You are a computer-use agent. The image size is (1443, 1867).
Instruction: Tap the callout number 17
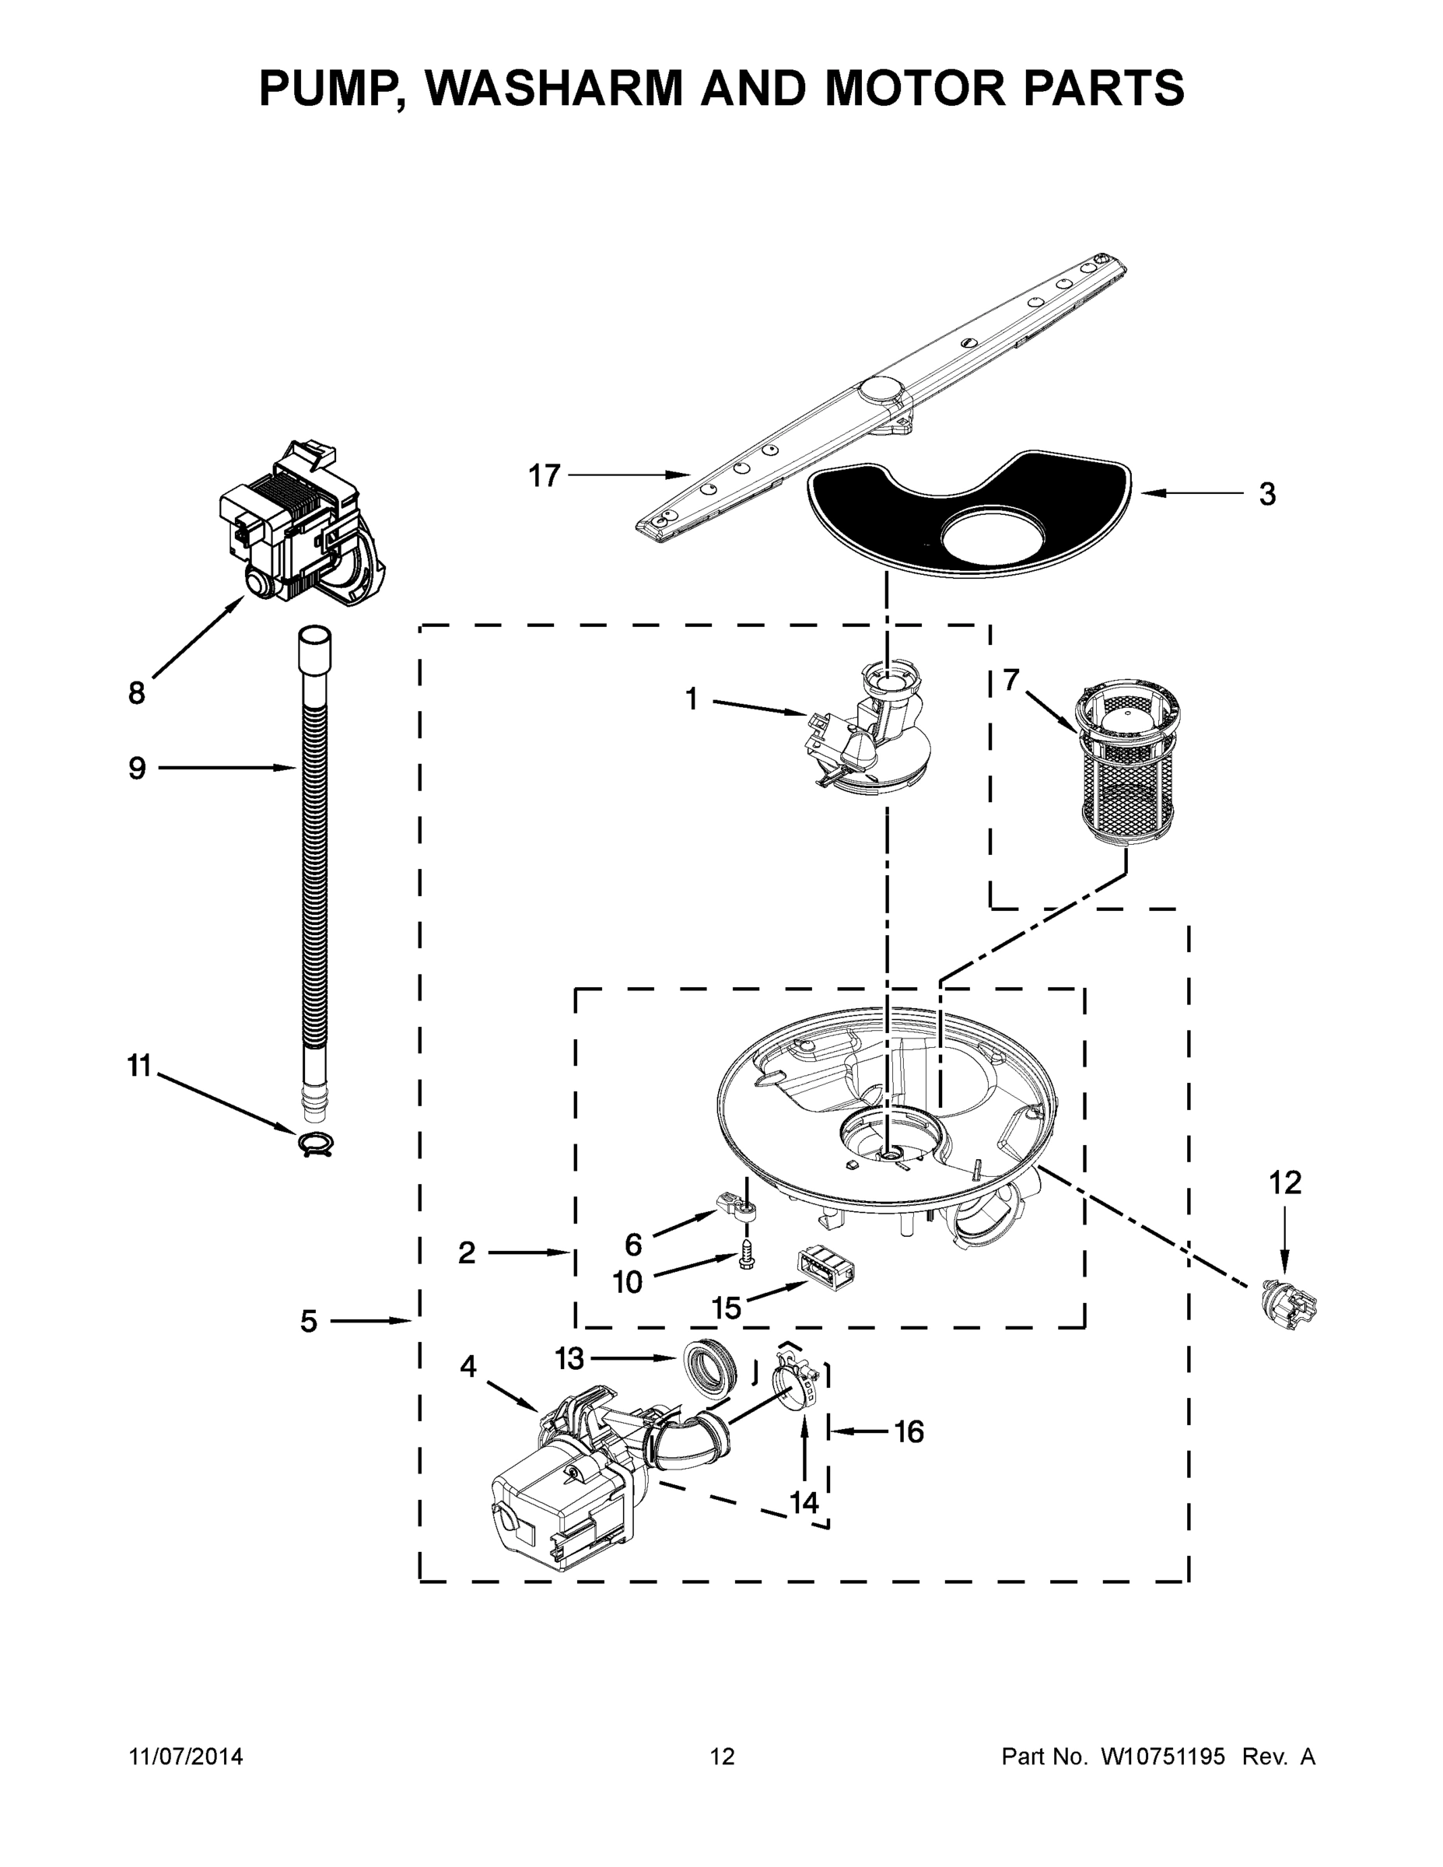coord(544,475)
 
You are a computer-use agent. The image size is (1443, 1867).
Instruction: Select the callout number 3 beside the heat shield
coord(1267,494)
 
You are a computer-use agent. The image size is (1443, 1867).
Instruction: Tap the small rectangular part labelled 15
coord(826,1268)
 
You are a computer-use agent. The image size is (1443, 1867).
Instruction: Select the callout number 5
coord(309,1322)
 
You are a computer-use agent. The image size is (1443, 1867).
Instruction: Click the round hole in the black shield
coord(992,538)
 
